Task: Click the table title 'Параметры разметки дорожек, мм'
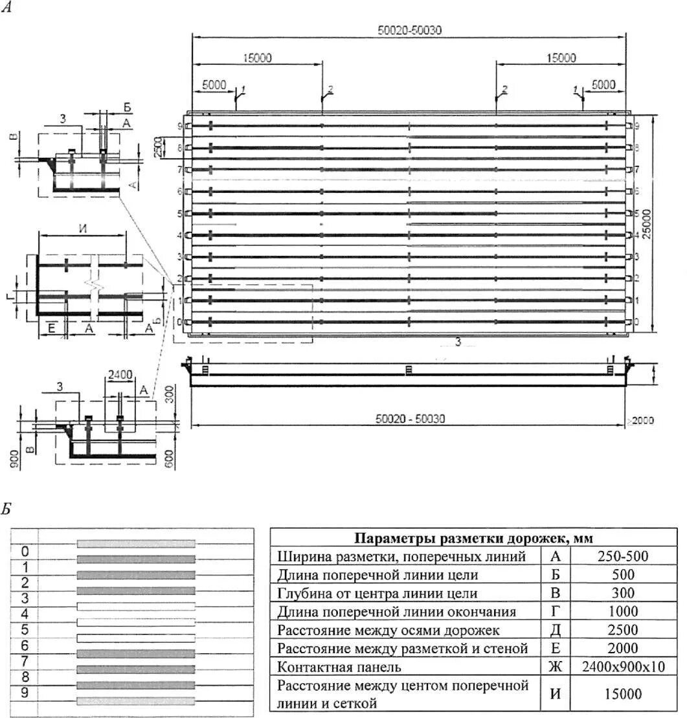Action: tap(473, 539)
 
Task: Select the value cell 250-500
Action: tap(622, 556)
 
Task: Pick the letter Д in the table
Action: tap(555, 630)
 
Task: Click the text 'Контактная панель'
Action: tap(339, 667)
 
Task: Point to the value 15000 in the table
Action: tap(622, 694)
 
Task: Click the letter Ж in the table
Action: tap(555, 667)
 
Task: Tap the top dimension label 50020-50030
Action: tap(410, 30)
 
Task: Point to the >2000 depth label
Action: tap(641, 421)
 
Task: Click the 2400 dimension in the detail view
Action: tap(120, 374)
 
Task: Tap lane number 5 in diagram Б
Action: tap(25, 629)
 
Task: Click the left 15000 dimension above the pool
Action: tap(258, 58)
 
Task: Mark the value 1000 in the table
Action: tap(622, 612)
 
